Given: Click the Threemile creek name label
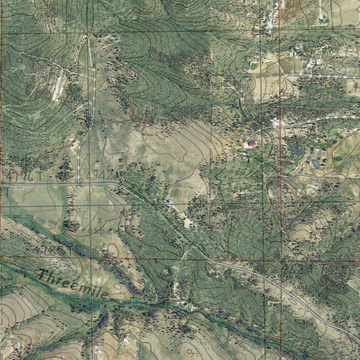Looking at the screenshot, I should click(74, 285).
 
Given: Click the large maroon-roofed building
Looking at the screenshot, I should click(252, 143).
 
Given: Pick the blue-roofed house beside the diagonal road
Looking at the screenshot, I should click(168, 202).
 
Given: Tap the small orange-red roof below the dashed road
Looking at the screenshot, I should click(323, 84).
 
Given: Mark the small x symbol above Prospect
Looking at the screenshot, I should click(100, 220).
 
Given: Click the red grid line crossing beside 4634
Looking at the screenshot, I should click(281, 262).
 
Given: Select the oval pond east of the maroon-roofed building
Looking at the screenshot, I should click(315, 163).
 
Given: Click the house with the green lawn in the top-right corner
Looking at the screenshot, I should click(322, 19).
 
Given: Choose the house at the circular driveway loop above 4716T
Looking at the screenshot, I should click(73, 142).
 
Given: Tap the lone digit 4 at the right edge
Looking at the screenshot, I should click(356, 87).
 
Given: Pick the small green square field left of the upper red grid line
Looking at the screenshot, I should click(254, 66).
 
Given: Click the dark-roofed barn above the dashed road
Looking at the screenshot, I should click(294, 53).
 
